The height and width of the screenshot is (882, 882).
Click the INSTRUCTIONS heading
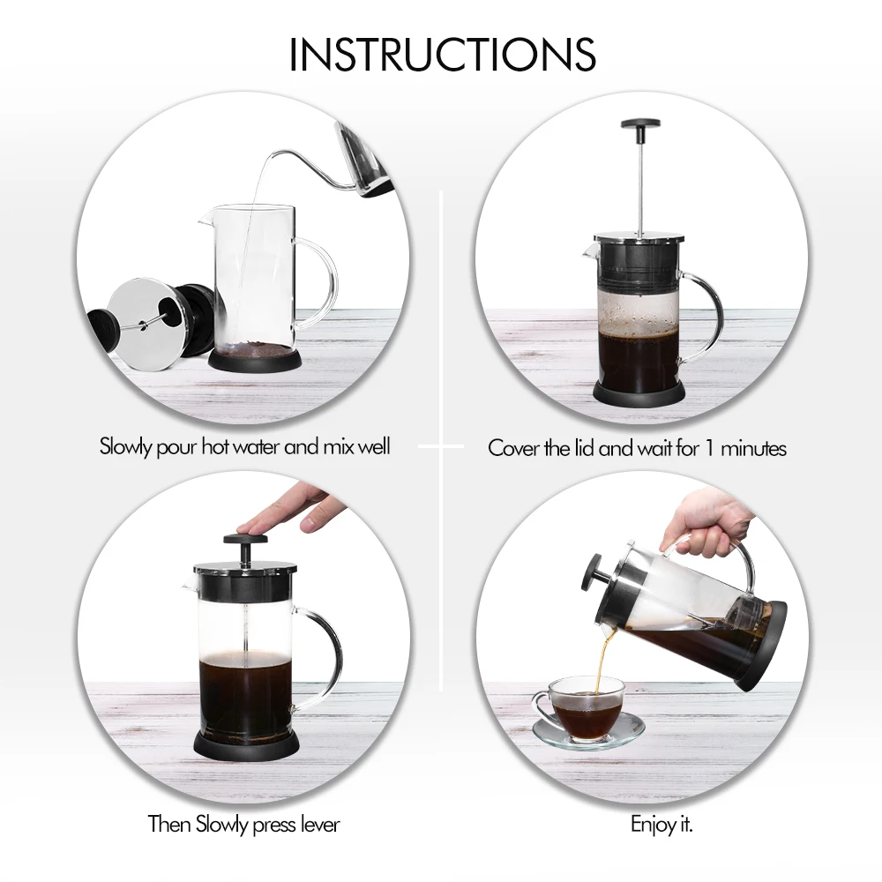click(x=442, y=55)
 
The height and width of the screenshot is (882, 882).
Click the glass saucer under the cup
click(x=588, y=732)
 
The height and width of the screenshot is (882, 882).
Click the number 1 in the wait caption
click(x=710, y=448)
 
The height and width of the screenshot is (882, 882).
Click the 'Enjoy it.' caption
click(x=661, y=825)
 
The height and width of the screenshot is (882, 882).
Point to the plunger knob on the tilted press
click(x=596, y=574)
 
